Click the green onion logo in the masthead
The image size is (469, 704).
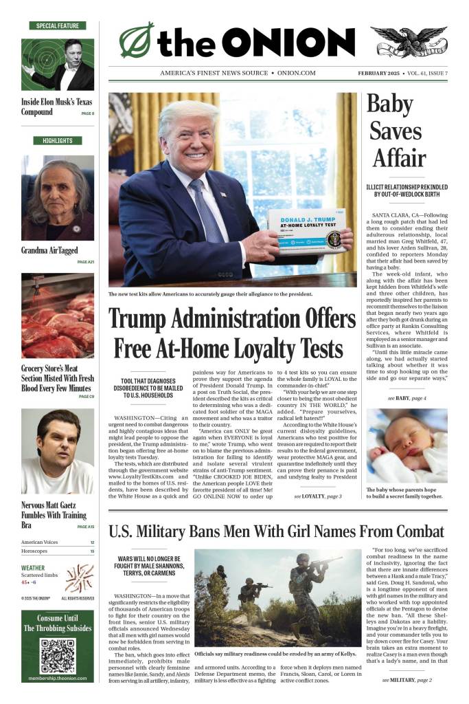coord(137,40)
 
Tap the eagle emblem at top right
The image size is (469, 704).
coord(412,42)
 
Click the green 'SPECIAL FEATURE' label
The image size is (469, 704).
coord(58,25)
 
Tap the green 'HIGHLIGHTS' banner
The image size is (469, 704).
coord(58,141)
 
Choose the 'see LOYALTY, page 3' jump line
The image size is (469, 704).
coord(317,496)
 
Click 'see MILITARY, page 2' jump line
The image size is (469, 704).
coord(407,680)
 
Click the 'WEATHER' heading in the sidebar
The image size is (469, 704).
coord(33,568)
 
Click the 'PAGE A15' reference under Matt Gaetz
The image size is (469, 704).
coord(86,527)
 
